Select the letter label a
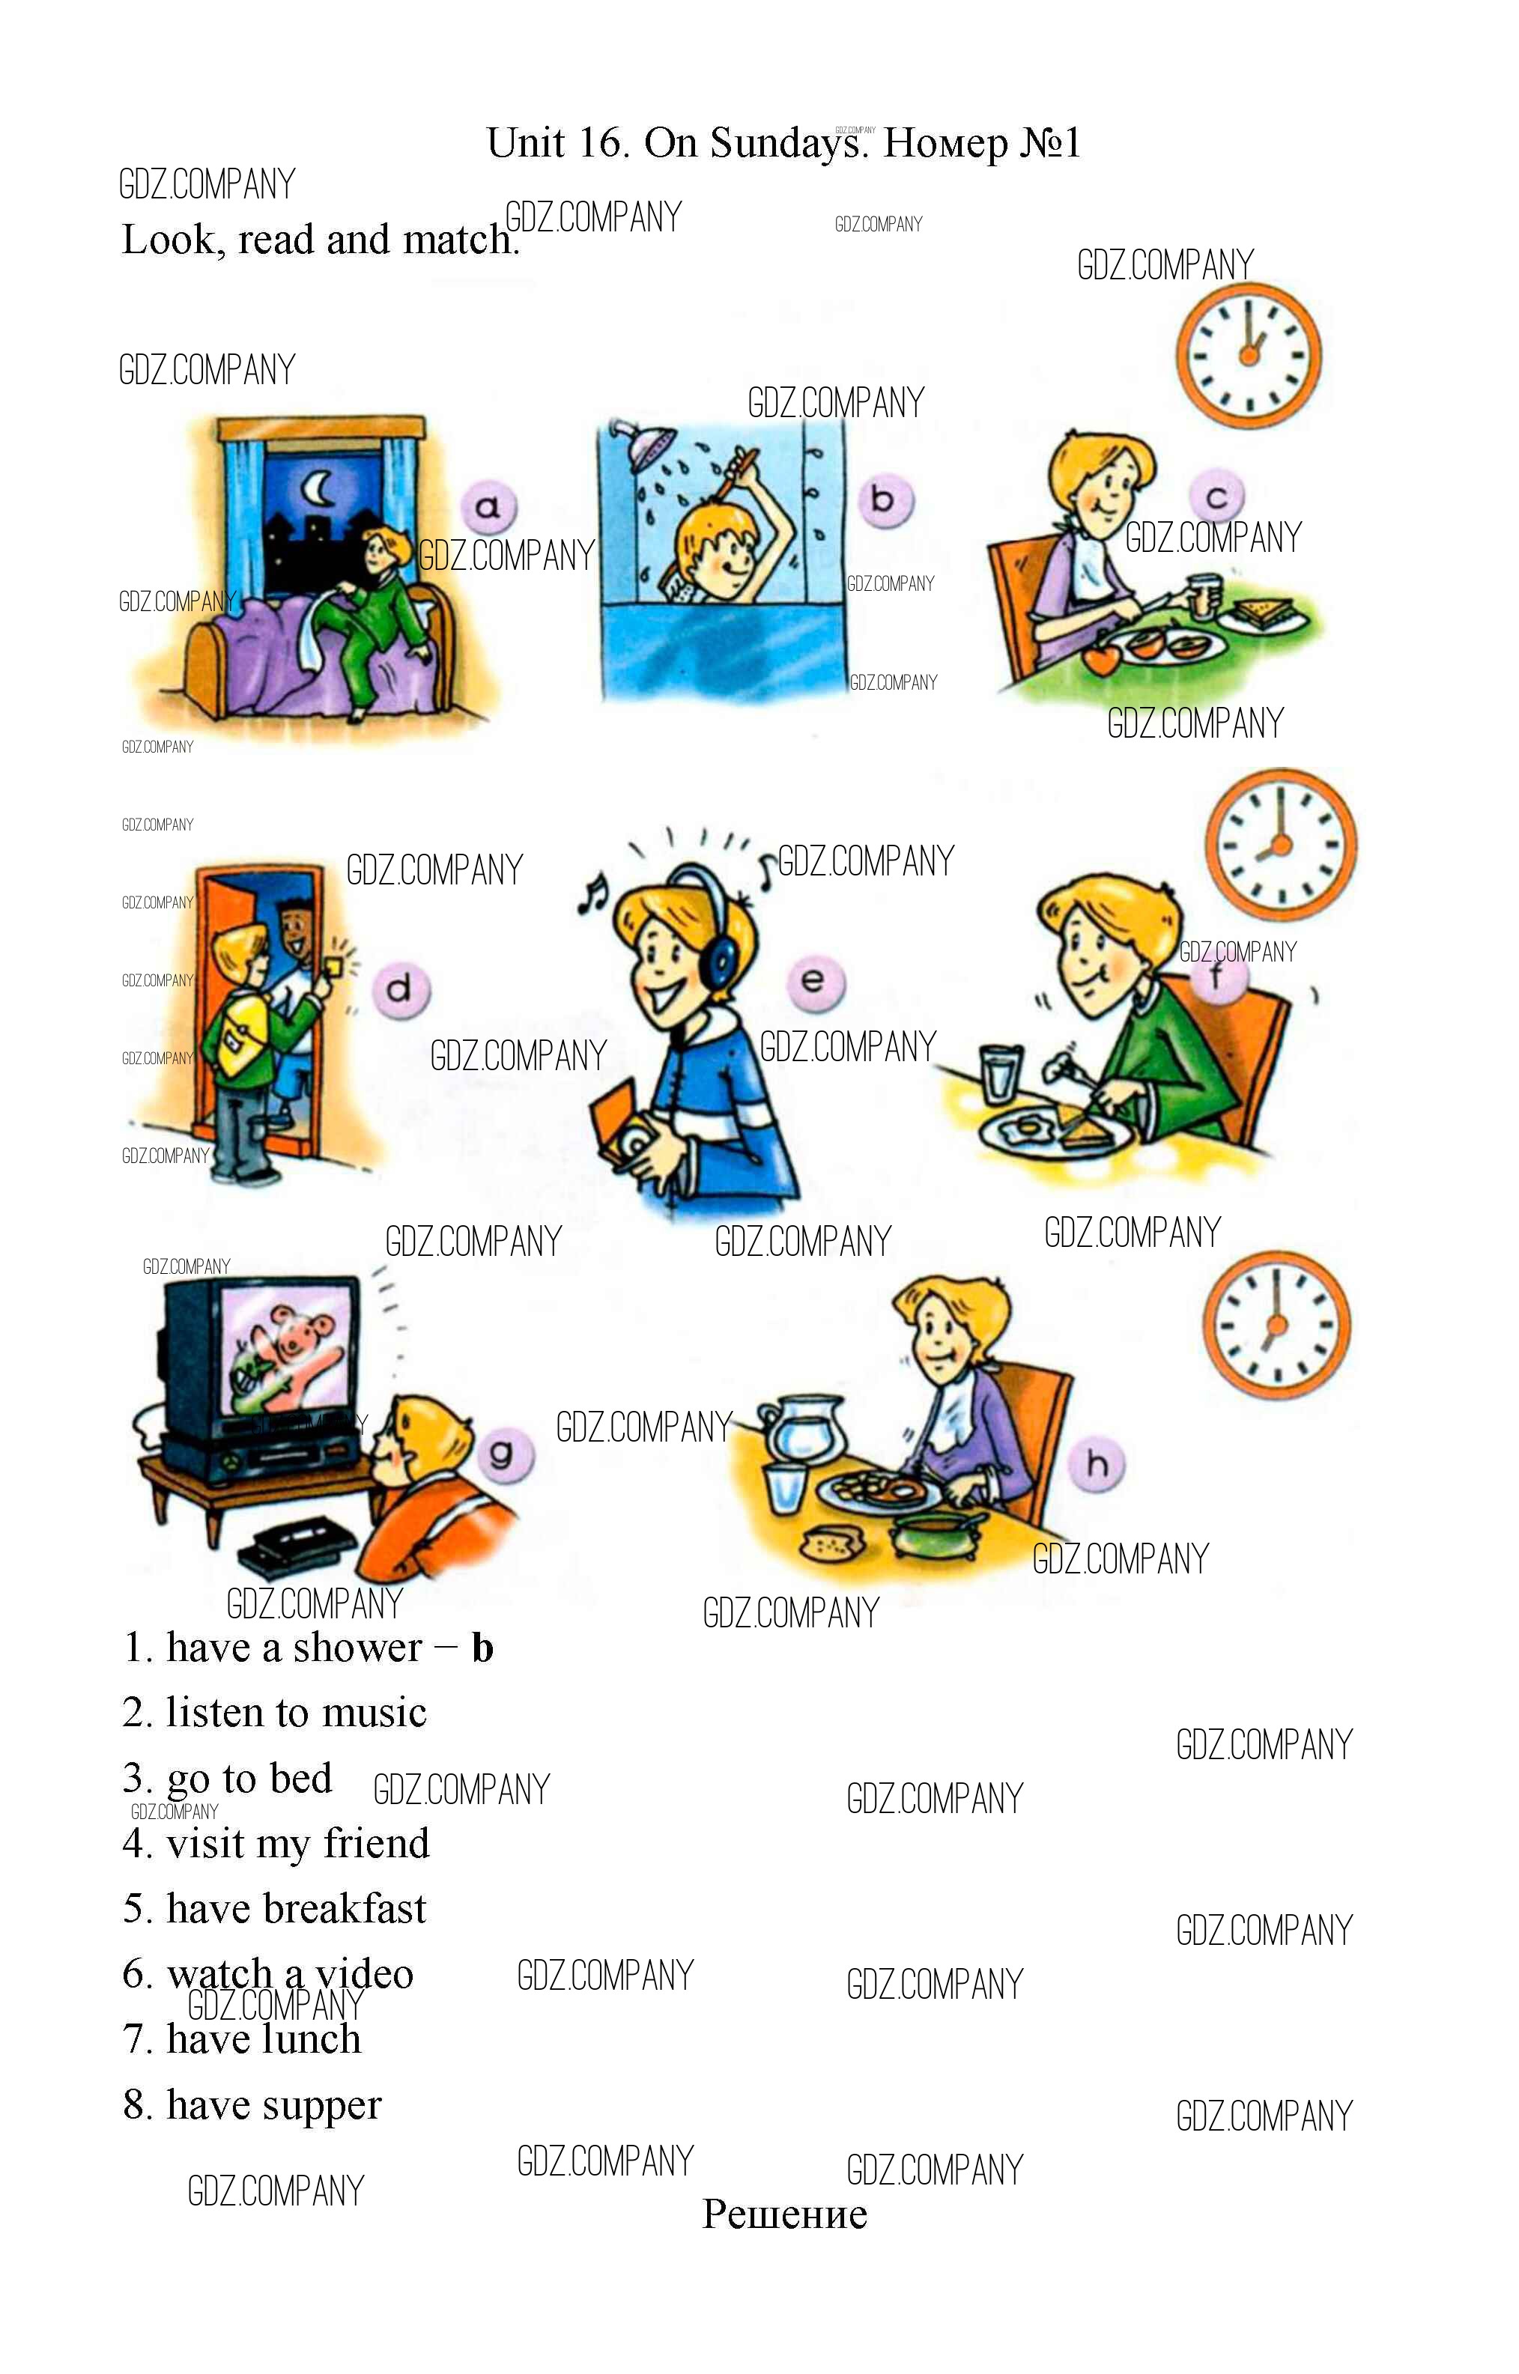[x=488, y=507]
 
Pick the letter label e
[x=813, y=981]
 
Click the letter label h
[x=1097, y=1465]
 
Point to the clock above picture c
[x=1249, y=355]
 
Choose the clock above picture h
[x=1276, y=1326]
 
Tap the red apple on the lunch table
[x=1102, y=657]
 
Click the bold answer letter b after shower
[x=482, y=1648]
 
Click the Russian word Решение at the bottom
[x=784, y=2215]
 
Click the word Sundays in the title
[x=785, y=143]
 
